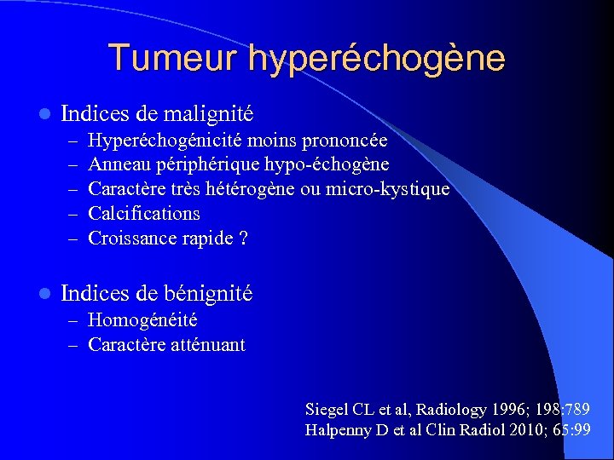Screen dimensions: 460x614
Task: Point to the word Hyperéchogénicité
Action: pos(158,140)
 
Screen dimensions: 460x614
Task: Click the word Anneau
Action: pos(119,164)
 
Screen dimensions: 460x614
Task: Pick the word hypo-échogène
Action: pos(339,164)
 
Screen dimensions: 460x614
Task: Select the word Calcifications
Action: pos(144,213)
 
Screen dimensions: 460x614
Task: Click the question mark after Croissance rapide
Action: pos(244,238)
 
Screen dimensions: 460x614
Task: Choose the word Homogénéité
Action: pos(142,320)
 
